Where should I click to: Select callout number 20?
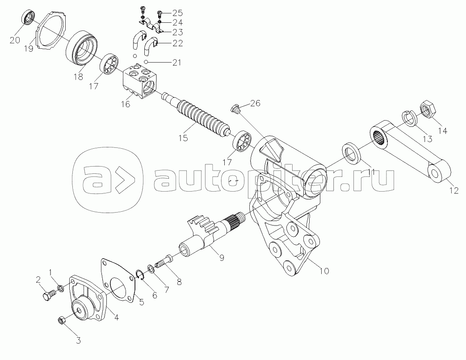[14, 40]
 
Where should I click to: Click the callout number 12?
[454, 191]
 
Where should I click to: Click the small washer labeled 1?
[61, 283]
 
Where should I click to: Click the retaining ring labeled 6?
[140, 276]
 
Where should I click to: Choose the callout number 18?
[79, 76]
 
